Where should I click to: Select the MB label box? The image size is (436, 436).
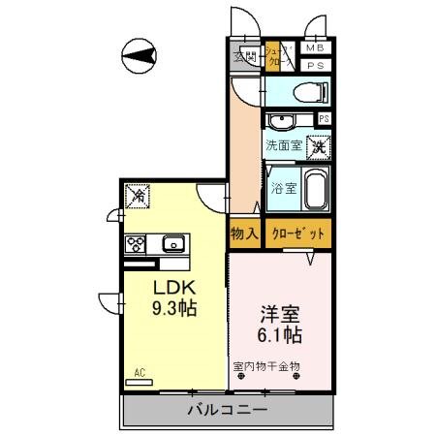click(x=314, y=48)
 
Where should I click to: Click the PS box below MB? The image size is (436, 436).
click(x=314, y=65)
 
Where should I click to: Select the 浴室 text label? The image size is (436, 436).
click(x=283, y=188)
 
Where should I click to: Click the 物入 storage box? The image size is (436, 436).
click(x=244, y=234)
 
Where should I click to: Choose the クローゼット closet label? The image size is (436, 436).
click(x=297, y=234)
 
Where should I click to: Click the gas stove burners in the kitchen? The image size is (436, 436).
click(x=135, y=243)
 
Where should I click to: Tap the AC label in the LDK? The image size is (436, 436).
click(x=139, y=371)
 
